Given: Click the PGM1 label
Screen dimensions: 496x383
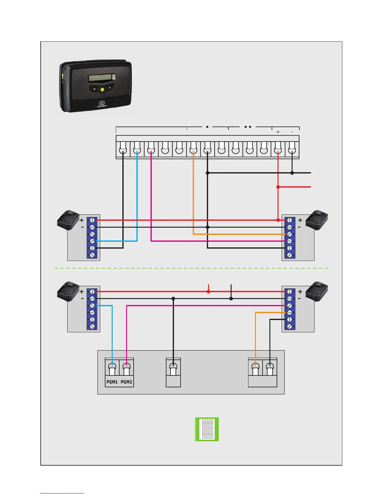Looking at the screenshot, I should pyautogui.click(x=112, y=382).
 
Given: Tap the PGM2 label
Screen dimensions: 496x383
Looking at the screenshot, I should pyautogui.click(x=126, y=382).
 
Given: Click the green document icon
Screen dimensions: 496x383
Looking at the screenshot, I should pyautogui.click(x=207, y=429).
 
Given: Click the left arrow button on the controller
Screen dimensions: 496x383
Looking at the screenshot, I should pyautogui.click(x=94, y=89).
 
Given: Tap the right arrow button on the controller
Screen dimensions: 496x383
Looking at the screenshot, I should pyautogui.click(x=110, y=88).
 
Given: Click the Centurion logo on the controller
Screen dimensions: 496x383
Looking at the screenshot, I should pyautogui.click(x=102, y=104).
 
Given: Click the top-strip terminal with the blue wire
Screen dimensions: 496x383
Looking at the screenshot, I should pyautogui.click(x=137, y=149).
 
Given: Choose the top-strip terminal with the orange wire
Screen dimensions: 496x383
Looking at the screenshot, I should pyautogui.click(x=193, y=149).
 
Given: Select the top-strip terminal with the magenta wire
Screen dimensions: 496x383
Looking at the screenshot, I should pyautogui.click(x=151, y=149).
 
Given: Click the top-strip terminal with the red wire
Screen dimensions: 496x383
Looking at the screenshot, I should pyautogui.click(x=278, y=149).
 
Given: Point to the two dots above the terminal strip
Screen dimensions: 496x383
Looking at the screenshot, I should pyautogui.click(x=248, y=127).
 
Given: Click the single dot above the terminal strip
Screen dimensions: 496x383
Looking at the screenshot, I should pyautogui.click(x=207, y=127).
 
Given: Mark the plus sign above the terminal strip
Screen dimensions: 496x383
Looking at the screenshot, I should pyautogui.click(x=278, y=132).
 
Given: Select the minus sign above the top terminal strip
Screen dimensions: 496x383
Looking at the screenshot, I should pyautogui.click(x=292, y=132).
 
